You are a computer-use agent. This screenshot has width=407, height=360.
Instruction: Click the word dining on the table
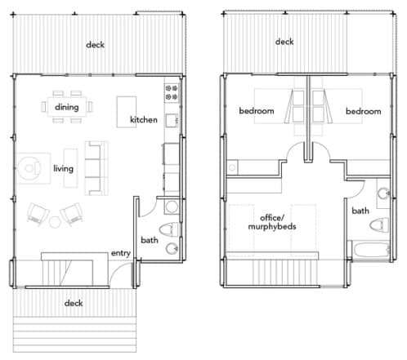(x=67, y=107)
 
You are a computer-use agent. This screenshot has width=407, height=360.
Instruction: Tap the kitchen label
(x=144, y=120)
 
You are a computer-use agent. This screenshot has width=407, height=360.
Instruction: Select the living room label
(x=63, y=168)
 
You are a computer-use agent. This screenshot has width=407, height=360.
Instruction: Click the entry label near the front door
(x=120, y=253)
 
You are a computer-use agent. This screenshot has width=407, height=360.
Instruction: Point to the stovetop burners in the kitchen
(x=172, y=92)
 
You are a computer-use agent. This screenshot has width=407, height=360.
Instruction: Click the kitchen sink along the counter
(x=172, y=120)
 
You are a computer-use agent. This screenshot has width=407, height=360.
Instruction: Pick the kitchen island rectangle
(x=127, y=112)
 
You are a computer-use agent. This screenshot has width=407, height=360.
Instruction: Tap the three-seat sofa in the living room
(x=96, y=168)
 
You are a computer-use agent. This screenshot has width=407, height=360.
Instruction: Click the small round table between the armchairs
(x=55, y=222)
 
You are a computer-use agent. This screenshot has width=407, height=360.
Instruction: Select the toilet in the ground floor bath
(x=169, y=229)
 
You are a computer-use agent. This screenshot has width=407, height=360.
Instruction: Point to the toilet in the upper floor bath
(x=379, y=224)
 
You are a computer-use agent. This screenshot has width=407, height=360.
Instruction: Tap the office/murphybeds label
(x=272, y=222)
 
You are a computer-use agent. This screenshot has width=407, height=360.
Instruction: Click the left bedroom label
(x=257, y=111)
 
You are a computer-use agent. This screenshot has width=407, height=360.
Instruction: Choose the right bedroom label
(x=363, y=111)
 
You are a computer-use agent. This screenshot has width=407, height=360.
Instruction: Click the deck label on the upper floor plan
(x=284, y=42)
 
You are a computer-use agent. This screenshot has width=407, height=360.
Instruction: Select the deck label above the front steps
(x=74, y=303)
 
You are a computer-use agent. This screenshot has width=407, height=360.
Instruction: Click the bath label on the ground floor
(x=150, y=240)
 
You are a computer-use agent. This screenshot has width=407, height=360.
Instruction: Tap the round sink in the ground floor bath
(x=172, y=248)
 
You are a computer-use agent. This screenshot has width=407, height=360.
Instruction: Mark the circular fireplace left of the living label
(x=29, y=168)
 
